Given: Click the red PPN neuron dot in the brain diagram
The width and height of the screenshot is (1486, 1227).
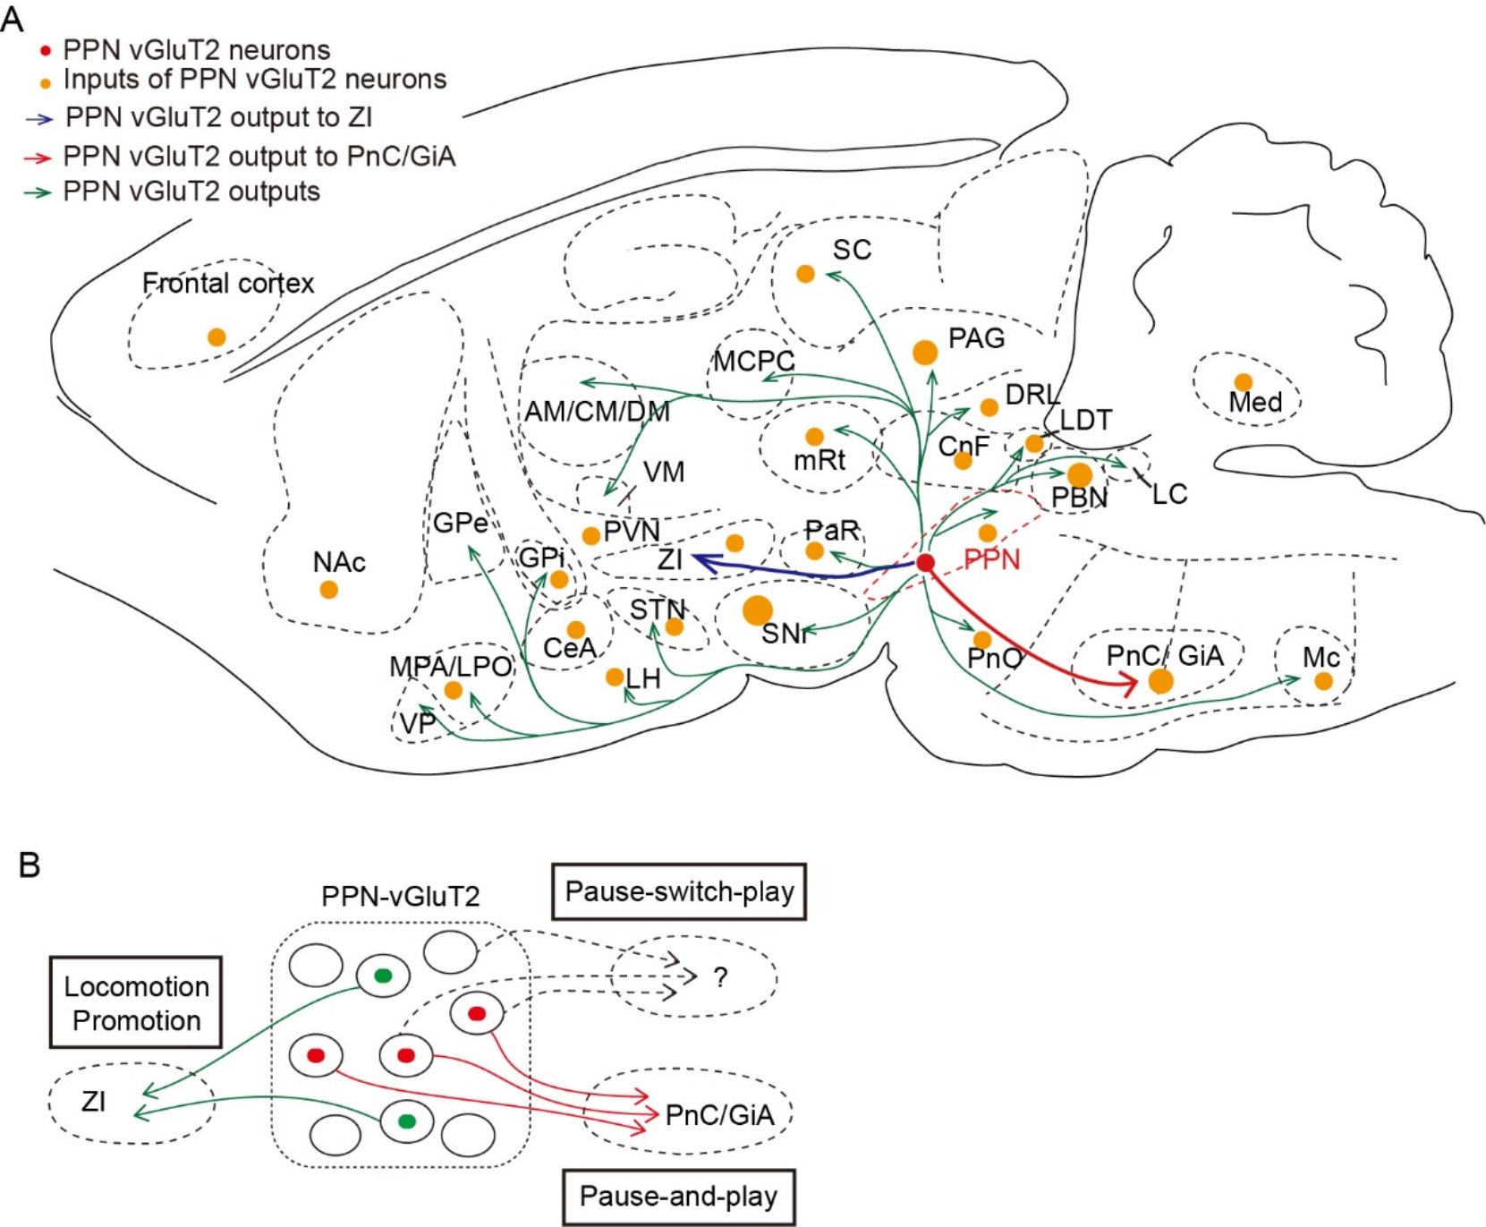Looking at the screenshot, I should click(x=925, y=563).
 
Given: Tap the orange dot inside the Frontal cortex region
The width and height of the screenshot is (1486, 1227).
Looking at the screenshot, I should click(x=217, y=337).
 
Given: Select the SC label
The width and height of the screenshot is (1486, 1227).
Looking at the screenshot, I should click(x=852, y=250).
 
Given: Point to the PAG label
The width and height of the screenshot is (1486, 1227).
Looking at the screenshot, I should click(x=976, y=338).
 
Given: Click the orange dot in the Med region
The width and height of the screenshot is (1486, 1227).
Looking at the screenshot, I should click(x=1243, y=382).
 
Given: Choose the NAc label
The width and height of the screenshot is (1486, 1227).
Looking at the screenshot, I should click(x=339, y=562).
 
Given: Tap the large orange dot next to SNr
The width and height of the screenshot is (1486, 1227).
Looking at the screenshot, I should click(x=757, y=610).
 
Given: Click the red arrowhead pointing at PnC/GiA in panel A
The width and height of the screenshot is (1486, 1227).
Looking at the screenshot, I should click(x=1129, y=686).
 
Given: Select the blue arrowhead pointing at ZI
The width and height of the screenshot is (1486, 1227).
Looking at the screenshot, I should click(x=701, y=562).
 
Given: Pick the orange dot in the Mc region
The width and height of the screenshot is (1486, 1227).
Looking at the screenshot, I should click(x=1323, y=681).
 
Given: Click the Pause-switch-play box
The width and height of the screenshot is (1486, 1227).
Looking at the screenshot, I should click(x=679, y=891).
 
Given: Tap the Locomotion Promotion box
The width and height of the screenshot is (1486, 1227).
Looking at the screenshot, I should click(x=136, y=1003).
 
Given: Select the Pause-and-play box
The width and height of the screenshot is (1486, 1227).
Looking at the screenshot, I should click(x=678, y=1197).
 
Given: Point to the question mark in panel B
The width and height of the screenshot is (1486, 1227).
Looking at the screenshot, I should click(x=720, y=976).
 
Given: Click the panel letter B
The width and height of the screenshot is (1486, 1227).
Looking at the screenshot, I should click(x=29, y=865).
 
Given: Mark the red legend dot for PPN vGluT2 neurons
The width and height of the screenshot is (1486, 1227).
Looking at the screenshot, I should click(x=46, y=51).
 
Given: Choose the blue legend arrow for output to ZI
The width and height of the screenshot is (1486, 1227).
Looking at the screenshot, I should click(x=39, y=118).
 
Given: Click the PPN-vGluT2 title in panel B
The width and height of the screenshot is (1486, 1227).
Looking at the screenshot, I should click(x=400, y=896).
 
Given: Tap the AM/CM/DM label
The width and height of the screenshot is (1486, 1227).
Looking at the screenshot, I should click(x=597, y=412).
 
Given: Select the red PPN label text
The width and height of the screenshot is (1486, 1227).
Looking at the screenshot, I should click(x=991, y=560).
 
